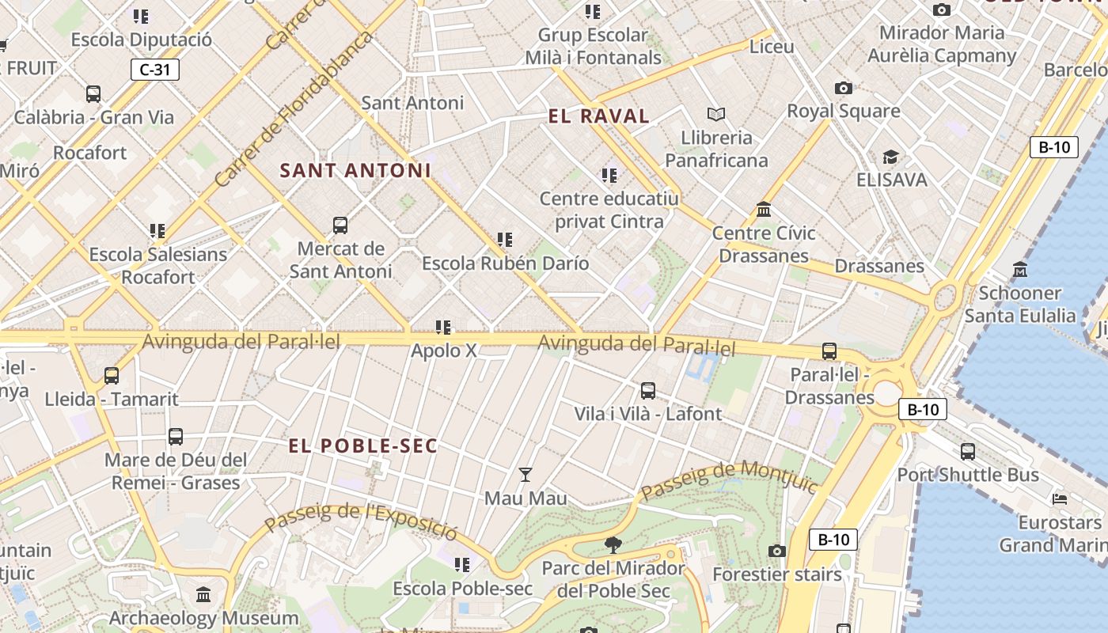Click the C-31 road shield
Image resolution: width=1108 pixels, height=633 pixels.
[155, 70]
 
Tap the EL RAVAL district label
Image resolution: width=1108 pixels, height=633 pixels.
[598, 116]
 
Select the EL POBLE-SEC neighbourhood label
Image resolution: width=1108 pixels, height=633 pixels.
[362, 446]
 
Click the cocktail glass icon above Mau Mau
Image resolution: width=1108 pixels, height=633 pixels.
[525, 475]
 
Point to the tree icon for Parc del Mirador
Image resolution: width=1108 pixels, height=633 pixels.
[613, 544]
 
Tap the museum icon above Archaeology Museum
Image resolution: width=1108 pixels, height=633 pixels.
[203, 594]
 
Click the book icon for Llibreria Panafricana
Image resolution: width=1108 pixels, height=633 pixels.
[716, 115]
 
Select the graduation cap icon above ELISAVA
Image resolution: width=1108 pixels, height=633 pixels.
[891, 157]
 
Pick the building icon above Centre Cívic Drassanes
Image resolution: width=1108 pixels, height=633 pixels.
[764, 210]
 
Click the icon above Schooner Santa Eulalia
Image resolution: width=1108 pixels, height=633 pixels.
[1019, 270]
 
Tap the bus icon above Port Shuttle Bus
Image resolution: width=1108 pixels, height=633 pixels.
[967, 452]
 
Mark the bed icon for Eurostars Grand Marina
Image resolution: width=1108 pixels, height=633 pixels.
[1060, 498]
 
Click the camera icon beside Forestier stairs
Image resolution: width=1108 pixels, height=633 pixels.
[777, 551]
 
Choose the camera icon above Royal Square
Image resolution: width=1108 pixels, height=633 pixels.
[844, 88]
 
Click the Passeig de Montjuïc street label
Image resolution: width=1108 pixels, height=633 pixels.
[728, 479]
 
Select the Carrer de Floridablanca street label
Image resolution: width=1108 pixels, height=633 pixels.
[292, 111]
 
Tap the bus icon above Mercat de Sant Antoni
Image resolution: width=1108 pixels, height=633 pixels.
[340, 226]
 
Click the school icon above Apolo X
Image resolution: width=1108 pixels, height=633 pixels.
[443, 327]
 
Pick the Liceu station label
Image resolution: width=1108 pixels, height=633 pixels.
[772, 47]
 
